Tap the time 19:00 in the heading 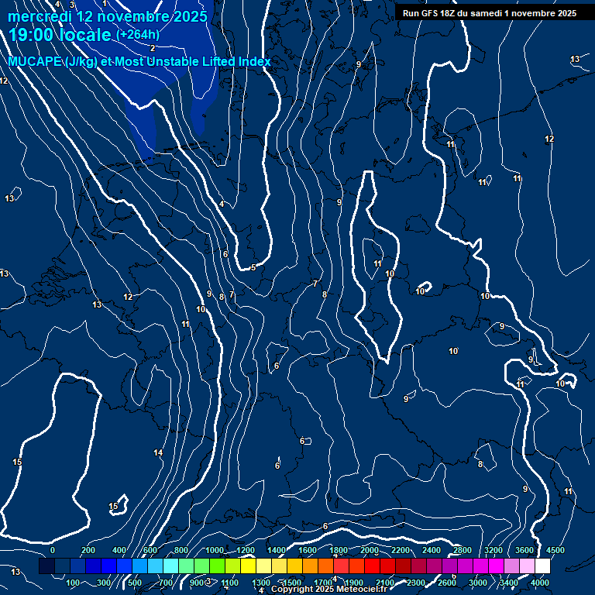pos(34,35)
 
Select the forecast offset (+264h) pos(138,35)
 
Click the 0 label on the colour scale pos(53,550)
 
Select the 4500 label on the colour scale pos(555,550)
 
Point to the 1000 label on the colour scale pos(213,550)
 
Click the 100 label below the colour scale pos(73,583)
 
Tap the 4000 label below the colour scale pos(540,583)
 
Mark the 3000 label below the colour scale pos(478,583)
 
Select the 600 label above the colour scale pos(150,550)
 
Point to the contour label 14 pos(158,452)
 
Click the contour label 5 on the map pos(253,268)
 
